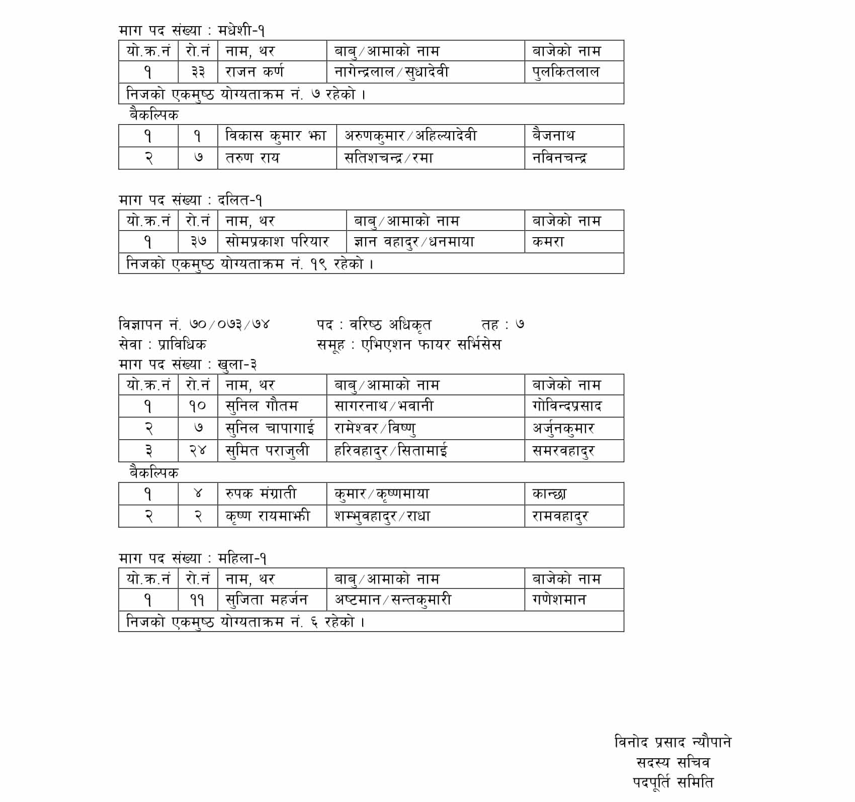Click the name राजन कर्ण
click(254, 72)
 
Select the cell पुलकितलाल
click(566, 72)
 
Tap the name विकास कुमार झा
click(276, 136)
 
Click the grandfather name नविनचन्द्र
click(559, 158)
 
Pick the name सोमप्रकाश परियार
click(277, 242)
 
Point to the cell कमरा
click(548, 242)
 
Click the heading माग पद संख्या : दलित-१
click(191, 201)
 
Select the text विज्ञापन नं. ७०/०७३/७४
click(194, 324)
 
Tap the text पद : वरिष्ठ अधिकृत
click(374, 325)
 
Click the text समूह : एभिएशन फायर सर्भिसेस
click(409, 345)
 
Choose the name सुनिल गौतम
click(262, 406)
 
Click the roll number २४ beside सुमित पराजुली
click(198, 450)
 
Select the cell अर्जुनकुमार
click(563, 428)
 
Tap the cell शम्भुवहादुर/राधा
click(382, 516)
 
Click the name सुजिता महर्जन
click(267, 599)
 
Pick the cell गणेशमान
click(559, 599)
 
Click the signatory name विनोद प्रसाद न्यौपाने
click(673, 742)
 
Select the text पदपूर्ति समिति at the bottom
click(673, 782)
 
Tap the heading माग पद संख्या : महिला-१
click(193, 558)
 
